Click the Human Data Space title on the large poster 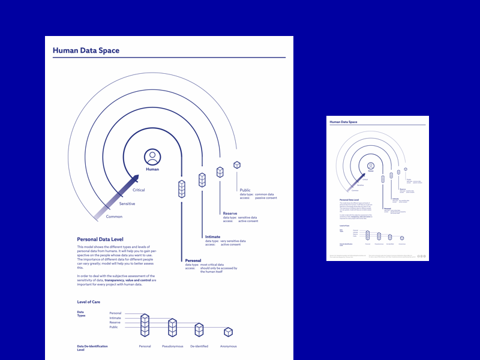tap(86, 51)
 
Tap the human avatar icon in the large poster tap(152, 157)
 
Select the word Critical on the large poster tap(139, 190)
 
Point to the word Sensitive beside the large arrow tap(127, 204)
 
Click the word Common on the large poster tap(114, 217)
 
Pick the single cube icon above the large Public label tap(237, 164)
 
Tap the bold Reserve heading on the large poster tap(230, 214)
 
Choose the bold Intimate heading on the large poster tap(212, 236)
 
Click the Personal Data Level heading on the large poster tap(100, 239)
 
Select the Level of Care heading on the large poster tap(91, 301)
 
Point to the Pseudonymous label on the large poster tap(173, 346)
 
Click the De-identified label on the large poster tap(199, 346)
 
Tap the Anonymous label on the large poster tap(228, 346)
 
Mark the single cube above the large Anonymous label tap(228, 332)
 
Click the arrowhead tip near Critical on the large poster tap(137, 176)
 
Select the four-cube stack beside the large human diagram tap(182, 188)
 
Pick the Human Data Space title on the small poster tap(344, 122)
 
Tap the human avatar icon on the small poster tap(371, 166)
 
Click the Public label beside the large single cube tap(245, 190)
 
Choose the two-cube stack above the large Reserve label tap(220, 172)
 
